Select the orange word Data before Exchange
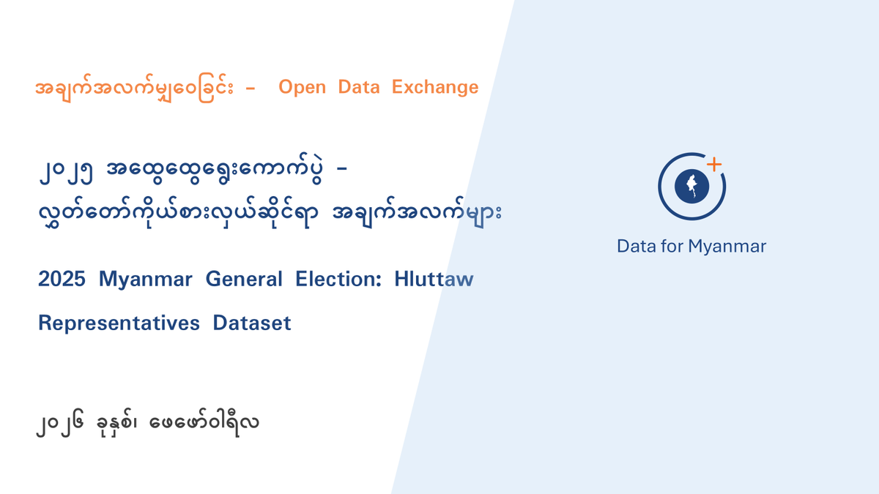pos(359,88)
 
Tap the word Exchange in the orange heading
pos(435,88)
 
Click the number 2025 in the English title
pos(62,280)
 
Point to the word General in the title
pos(244,280)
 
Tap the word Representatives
pos(119,323)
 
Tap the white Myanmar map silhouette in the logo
pos(691,187)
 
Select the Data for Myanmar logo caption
pos(691,246)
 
